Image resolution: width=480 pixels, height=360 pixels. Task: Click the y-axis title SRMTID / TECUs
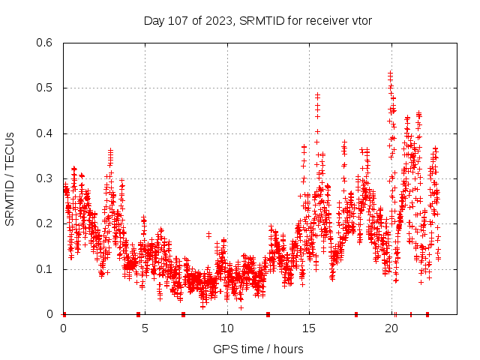pos(10,178)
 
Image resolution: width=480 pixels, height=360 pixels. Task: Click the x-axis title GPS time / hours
pos(258,349)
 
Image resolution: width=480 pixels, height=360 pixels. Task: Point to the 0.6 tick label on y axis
pos(46,43)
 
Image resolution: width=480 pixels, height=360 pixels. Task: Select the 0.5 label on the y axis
pos(46,88)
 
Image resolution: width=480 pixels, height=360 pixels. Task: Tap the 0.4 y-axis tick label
pos(46,133)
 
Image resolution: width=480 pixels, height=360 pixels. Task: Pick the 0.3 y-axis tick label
pos(46,178)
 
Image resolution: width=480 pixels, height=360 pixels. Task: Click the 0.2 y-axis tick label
pos(46,223)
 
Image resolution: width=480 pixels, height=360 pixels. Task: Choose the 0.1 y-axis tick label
pos(46,268)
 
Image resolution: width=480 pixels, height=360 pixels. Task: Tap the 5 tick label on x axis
pos(145,328)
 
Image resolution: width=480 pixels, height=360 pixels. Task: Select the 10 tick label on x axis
pos(227,328)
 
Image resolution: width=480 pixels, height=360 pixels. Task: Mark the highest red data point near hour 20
pos(390,73)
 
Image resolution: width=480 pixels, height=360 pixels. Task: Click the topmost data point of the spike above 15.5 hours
pos(318,95)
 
